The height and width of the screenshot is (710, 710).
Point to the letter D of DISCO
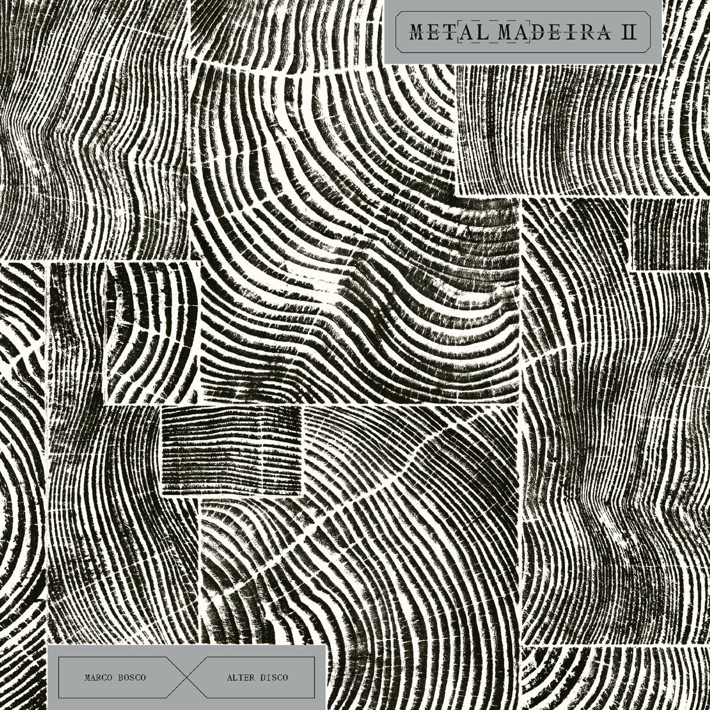262,677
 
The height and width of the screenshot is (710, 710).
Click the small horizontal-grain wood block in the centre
231,450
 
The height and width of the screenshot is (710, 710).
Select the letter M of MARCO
88,677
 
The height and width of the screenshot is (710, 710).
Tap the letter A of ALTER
229,677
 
